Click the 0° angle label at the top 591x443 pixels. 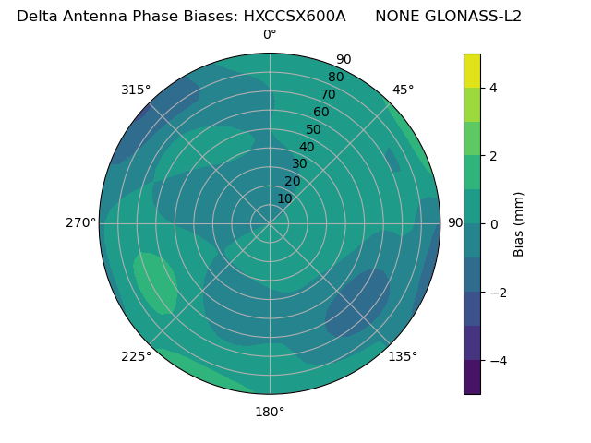[x=270, y=35]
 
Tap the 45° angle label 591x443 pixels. [x=403, y=90]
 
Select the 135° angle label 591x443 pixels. [x=403, y=356]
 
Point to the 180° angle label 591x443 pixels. [x=270, y=412]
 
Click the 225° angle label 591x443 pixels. [x=136, y=356]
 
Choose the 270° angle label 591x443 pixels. [x=80, y=222]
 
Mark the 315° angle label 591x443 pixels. [x=136, y=90]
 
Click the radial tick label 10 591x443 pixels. [x=284, y=198]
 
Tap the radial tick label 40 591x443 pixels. [x=307, y=148]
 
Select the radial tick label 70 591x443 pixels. [x=329, y=94]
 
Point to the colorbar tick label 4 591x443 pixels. [x=493, y=88]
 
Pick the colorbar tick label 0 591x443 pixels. [x=493, y=224]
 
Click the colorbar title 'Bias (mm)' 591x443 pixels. [x=519, y=224]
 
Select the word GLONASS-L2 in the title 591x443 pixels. [x=448, y=16]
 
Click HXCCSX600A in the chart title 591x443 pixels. [x=294, y=16]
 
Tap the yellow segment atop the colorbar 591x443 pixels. [x=472, y=70]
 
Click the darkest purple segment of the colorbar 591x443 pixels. [x=472, y=377]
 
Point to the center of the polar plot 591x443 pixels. [x=270, y=223]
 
